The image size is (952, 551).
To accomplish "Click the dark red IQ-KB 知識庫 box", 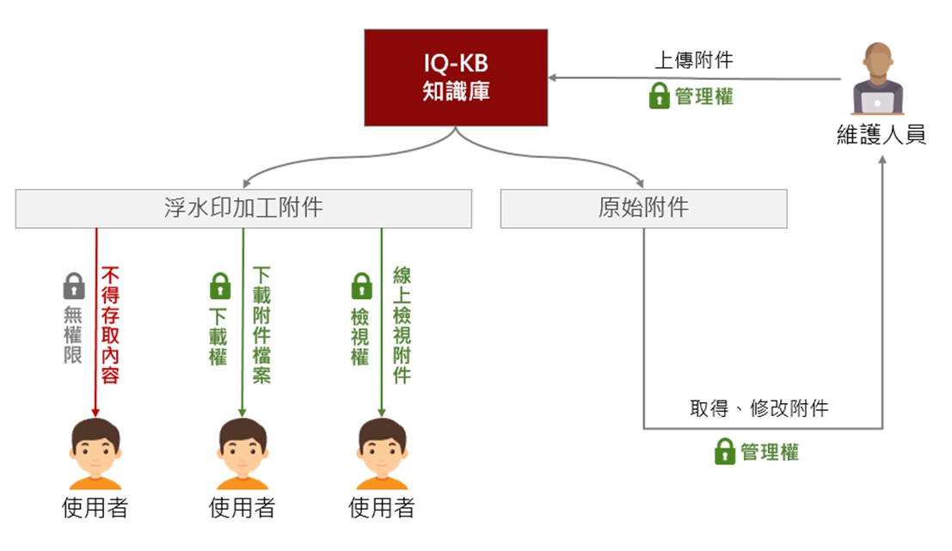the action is pos(456,77).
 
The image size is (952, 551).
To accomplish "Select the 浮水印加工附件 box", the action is pos(243,209).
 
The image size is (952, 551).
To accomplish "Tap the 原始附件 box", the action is pos(643,209).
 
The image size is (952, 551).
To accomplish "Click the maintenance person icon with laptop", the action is pos(878,78).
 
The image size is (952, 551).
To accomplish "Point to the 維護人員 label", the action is pos(881,134).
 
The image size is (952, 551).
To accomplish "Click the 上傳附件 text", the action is pos(693,59).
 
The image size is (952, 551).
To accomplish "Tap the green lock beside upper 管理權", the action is pos(659,96).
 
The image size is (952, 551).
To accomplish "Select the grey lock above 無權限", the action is pos(74,286).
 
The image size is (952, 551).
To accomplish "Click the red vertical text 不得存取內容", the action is pos(110,325).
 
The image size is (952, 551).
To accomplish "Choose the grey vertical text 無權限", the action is pos(73,334).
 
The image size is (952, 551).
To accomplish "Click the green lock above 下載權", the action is pos(220,286).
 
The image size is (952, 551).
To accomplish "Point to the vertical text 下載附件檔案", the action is pos(261,325).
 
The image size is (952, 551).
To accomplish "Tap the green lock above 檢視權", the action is pos(362,286).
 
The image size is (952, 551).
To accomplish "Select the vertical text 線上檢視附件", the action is pos(402,325).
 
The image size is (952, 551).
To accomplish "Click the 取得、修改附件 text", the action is pos(759,407).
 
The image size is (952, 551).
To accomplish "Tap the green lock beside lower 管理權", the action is pos(725,451).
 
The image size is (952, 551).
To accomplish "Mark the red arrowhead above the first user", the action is pos(95,413).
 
